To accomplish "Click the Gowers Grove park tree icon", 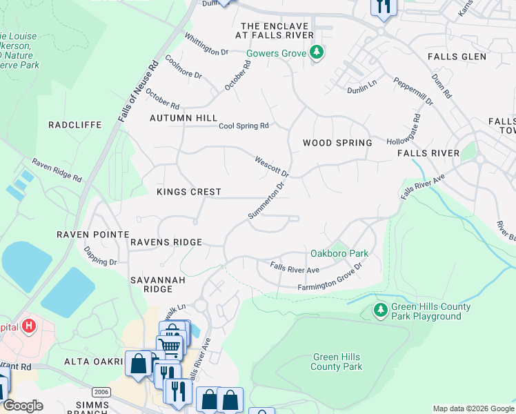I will click(x=317, y=53).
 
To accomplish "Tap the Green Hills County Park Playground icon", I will click(x=380, y=311).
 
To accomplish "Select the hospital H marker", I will click(x=29, y=325).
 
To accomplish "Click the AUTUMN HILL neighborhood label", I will click(x=183, y=119).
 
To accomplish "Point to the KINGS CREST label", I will click(x=188, y=192).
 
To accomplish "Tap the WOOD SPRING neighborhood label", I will click(x=337, y=143).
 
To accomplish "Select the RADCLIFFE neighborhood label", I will click(x=75, y=125).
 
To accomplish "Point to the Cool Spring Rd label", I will click(x=243, y=126).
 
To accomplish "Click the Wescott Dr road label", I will click(x=271, y=165).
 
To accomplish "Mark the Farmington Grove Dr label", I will click(x=330, y=281).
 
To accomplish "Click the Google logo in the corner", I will click(x=22, y=406).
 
